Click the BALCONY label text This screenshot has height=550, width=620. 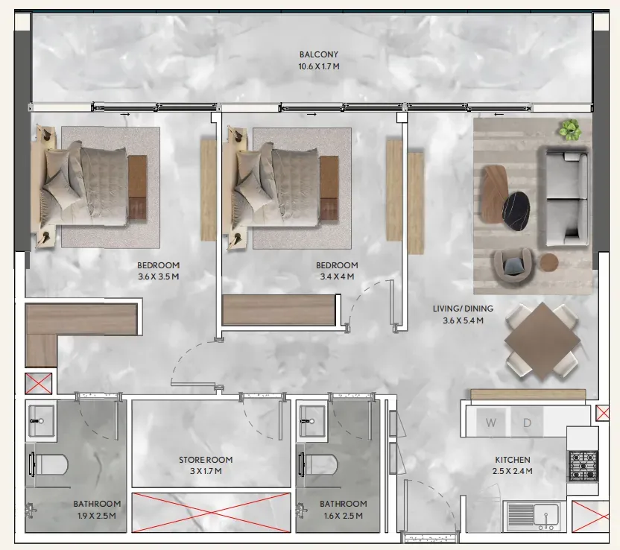point(319,54)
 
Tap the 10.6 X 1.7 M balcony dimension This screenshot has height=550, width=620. point(319,66)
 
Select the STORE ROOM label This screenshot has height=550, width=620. point(206,460)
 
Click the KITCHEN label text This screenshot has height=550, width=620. point(513,460)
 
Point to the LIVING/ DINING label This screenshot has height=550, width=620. point(463,309)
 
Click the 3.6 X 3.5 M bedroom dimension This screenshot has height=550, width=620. point(158,276)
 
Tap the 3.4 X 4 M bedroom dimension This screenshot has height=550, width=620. point(337,276)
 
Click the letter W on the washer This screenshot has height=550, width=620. point(490,423)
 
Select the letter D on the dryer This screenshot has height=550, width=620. point(527,423)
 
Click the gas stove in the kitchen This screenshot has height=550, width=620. point(583,466)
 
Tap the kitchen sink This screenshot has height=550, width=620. point(531,516)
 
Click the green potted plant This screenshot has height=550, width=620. point(570,130)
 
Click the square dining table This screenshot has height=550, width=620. point(542,341)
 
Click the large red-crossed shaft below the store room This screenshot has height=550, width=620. point(211,513)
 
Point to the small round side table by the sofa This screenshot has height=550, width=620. point(549,262)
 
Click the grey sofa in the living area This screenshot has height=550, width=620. point(564,197)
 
